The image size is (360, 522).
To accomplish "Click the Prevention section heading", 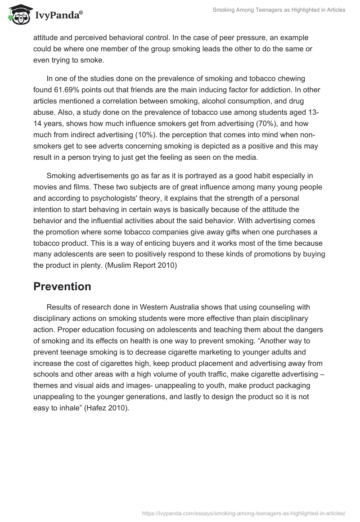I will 62,286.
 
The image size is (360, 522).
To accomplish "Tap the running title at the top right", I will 279,10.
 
